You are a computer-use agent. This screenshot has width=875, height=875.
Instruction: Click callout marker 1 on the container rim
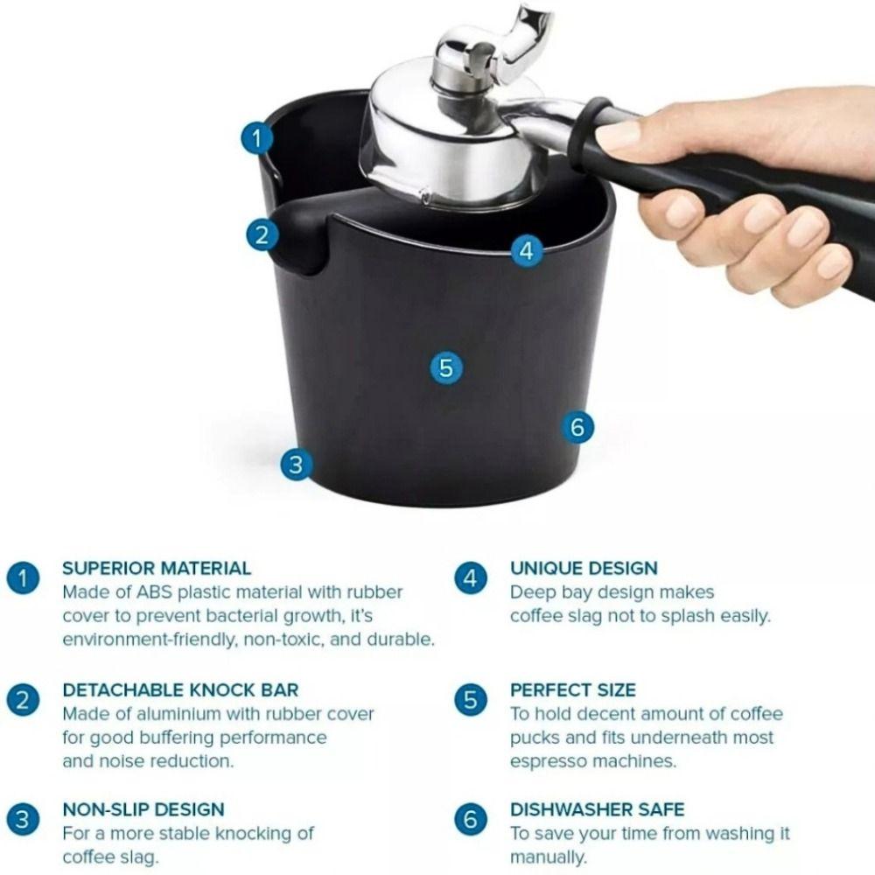pos(255,138)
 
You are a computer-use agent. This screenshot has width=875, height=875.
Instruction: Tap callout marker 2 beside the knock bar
pos(261,234)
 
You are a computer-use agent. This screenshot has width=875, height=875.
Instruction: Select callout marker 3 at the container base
pos(297,464)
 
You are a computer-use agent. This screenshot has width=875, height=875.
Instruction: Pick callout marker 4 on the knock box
pos(525,251)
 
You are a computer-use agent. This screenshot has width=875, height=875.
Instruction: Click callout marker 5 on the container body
pos(446,367)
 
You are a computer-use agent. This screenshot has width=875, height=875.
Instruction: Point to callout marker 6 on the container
pos(577,428)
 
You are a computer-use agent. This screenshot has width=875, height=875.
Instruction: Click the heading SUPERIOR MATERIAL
pos(157,568)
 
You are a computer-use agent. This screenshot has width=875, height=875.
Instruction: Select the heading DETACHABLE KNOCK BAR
pos(180,689)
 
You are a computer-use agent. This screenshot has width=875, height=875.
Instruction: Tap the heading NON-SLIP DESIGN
pos(143,809)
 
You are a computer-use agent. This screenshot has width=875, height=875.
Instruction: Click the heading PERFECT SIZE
pos(573,689)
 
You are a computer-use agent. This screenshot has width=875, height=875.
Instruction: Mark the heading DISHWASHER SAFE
pos(597,809)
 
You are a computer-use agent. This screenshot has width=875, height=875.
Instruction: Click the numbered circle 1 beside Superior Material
pos(24,578)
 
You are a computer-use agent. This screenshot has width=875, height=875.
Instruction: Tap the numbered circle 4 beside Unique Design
pos(471,578)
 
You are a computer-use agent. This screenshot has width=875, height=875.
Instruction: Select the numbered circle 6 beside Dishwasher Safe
pos(471,820)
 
